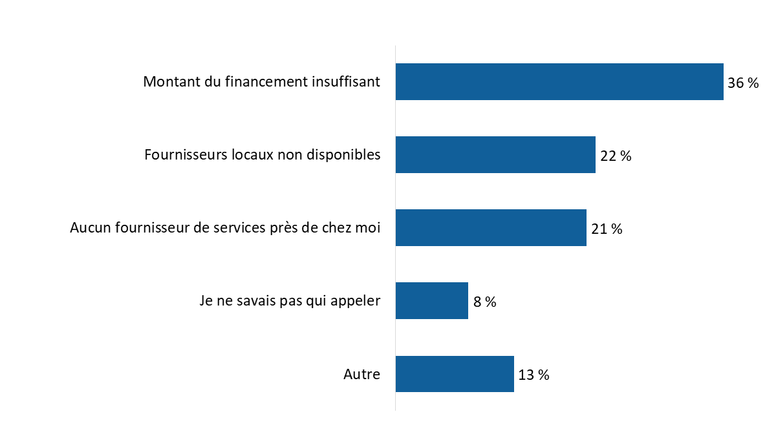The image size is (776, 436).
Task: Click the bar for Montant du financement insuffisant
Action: pyautogui.click(x=559, y=82)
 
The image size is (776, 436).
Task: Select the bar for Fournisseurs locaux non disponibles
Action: pyautogui.click(x=495, y=155)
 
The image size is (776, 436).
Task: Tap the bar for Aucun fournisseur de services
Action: pyautogui.click(x=490, y=228)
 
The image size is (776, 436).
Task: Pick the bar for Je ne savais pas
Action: pyautogui.click(x=431, y=301)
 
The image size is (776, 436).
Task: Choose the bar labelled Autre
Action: pyautogui.click(x=454, y=374)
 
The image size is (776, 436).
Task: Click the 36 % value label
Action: pyautogui.click(x=743, y=83)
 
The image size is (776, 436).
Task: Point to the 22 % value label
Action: pyautogui.click(x=616, y=156)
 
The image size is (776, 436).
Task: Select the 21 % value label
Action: pyautogui.click(x=607, y=229)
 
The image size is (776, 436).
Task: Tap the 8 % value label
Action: pyautogui.click(x=484, y=302)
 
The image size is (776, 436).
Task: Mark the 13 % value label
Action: pyautogui.click(x=533, y=375)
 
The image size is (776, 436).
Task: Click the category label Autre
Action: pyautogui.click(x=361, y=375)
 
